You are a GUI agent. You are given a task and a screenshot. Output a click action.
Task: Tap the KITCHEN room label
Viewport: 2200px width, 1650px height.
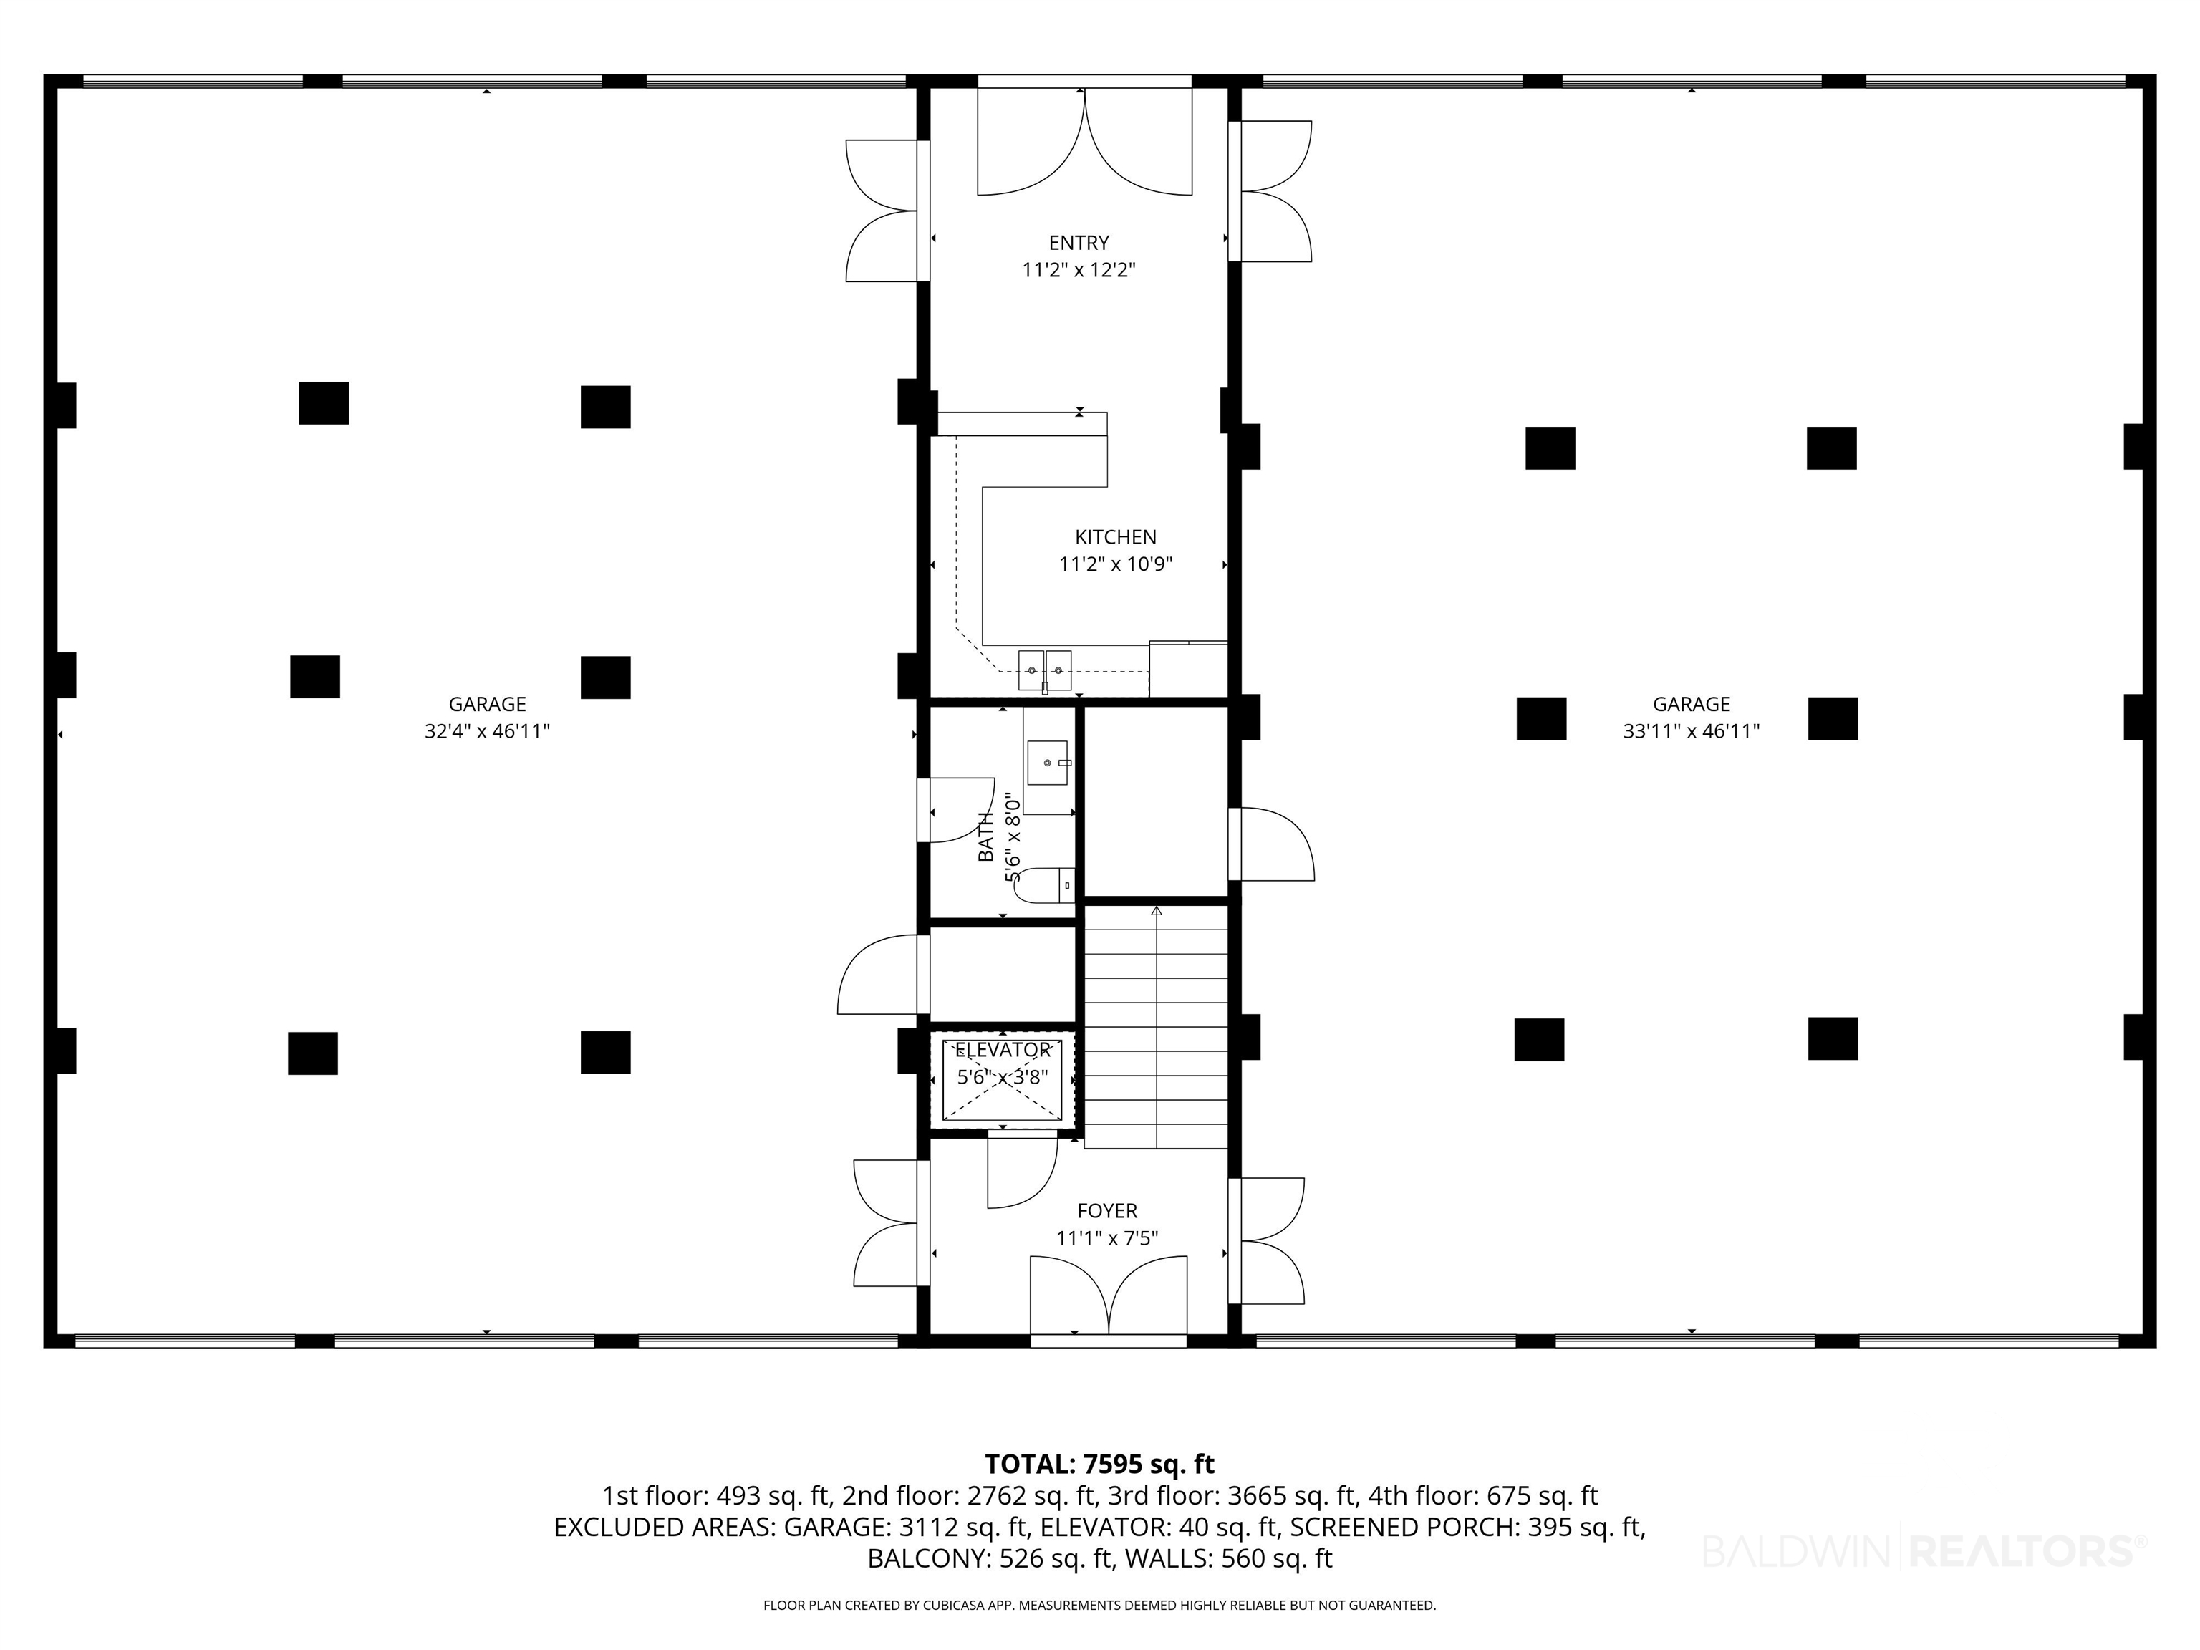point(1115,537)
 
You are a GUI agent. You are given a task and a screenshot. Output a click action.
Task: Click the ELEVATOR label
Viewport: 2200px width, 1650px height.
point(1003,1051)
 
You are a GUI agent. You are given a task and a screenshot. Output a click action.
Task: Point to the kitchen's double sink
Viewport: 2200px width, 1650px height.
point(1044,670)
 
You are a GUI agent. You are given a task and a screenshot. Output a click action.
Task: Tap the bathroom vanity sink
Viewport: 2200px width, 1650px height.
point(1047,763)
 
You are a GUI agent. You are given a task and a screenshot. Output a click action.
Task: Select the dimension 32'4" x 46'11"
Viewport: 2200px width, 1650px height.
point(488,732)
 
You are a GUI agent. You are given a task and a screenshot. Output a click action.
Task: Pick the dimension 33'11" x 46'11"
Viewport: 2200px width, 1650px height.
point(1691,732)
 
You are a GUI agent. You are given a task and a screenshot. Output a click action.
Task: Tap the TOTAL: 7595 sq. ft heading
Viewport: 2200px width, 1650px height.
point(1099,1464)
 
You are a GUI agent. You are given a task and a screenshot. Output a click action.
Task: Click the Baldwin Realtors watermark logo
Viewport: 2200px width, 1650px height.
point(1924,1550)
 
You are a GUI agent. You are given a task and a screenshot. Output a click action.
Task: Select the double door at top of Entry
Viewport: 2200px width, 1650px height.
point(1084,141)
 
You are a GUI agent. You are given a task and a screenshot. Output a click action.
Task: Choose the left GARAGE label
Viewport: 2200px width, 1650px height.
point(488,704)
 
